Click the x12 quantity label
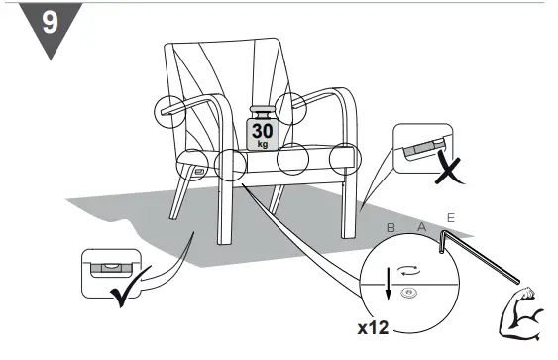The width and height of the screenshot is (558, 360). pyautogui.click(x=375, y=324)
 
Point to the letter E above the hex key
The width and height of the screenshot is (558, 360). pyautogui.click(x=452, y=217)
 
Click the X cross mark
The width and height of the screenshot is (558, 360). pyautogui.click(x=450, y=172)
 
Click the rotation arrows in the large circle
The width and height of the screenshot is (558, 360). pyautogui.click(x=406, y=269)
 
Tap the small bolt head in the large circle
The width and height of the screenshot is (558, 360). pyautogui.click(x=406, y=292)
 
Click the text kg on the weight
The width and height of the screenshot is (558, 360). pyautogui.click(x=262, y=144)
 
